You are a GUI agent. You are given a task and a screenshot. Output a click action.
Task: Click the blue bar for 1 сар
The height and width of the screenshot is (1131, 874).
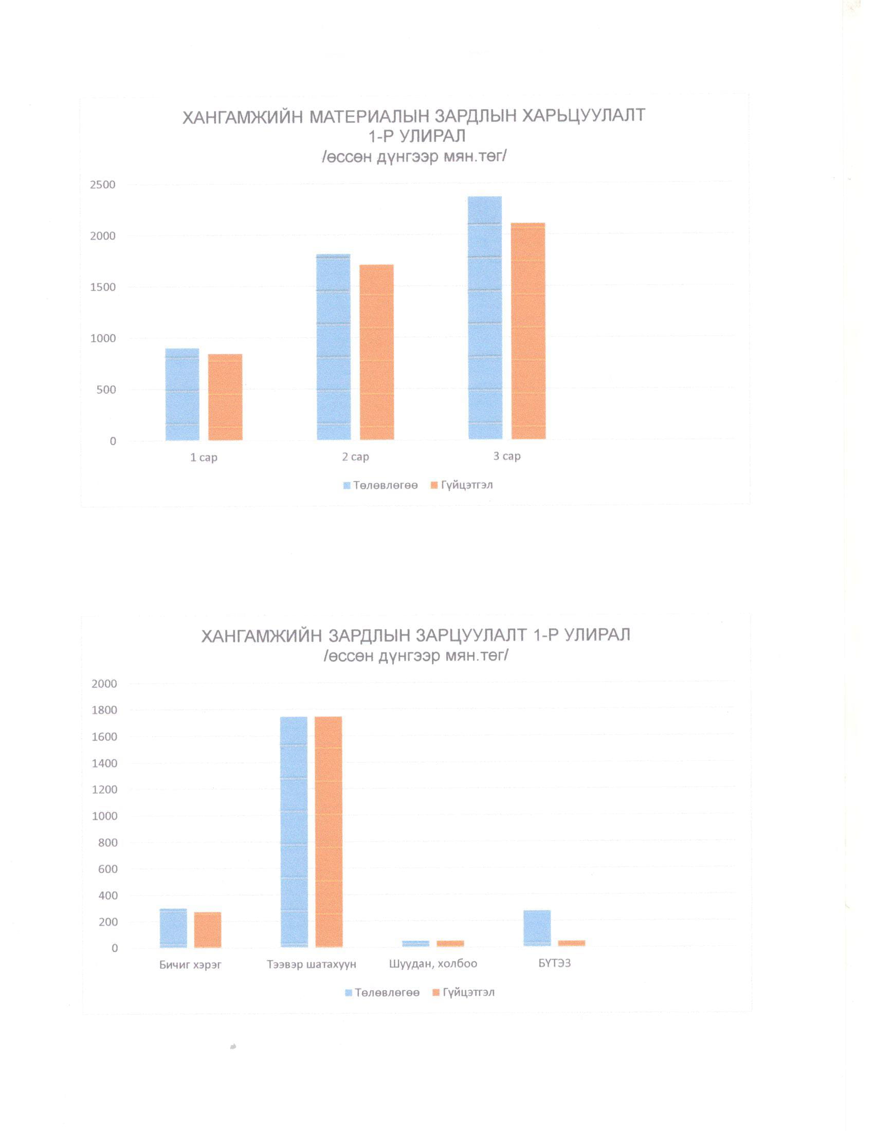click(x=183, y=394)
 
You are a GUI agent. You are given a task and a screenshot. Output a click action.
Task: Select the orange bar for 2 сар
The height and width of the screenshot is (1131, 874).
click(x=376, y=352)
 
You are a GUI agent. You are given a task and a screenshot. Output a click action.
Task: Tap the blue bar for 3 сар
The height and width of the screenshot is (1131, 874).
click(x=485, y=318)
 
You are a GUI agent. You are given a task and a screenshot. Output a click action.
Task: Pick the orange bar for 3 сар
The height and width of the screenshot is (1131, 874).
click(x=528, y=331)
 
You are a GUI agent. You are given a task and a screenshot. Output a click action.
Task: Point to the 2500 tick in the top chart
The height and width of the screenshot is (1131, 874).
click(x=102, y=185)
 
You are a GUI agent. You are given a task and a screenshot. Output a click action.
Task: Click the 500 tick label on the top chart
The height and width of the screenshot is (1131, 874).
click(x=105, y=390)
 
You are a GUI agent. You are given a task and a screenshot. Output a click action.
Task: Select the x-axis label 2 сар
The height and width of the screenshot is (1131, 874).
click(x=355, y=457)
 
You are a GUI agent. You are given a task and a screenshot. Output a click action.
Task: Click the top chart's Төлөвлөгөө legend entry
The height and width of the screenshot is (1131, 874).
click(x=380, y=485)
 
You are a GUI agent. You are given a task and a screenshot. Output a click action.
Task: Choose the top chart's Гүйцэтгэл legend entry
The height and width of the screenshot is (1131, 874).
click(x=462, y=485)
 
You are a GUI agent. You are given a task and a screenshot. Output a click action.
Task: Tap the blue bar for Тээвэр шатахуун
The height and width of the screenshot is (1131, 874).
click(x=294, y=832)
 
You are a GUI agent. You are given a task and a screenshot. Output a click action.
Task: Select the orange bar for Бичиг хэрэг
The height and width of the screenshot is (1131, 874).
click(x=208, y=929)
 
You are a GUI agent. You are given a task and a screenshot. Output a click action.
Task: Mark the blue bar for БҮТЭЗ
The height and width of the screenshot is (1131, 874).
click(x=537, y=928)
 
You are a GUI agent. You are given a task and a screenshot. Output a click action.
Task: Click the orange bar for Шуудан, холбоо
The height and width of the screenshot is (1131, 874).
click(x=450, y=943)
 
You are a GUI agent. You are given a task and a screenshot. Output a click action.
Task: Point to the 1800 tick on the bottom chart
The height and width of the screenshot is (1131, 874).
click(x=104, y=710)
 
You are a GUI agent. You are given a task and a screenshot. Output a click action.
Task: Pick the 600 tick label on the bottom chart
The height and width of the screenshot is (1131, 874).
click(x=107, y=869)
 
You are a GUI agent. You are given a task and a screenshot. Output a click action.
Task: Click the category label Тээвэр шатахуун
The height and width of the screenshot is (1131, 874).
click(x=312, y=964)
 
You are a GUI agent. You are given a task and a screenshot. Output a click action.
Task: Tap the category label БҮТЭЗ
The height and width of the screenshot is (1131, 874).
click(x=555, y=963)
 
